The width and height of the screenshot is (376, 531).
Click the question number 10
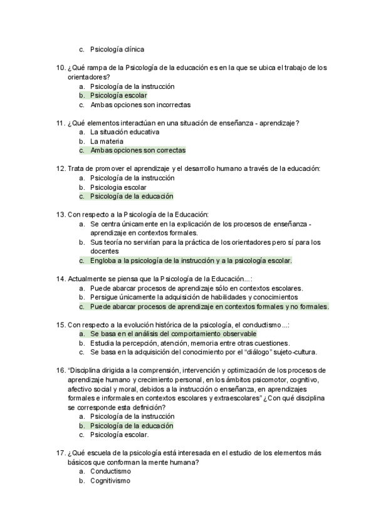60,68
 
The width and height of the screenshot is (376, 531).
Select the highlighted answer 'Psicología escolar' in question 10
118,96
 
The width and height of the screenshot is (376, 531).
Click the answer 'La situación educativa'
125,132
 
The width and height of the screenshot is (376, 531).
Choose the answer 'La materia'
107,142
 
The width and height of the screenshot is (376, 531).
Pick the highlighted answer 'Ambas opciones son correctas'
137,150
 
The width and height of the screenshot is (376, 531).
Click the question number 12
60,168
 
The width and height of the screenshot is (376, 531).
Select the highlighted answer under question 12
131,196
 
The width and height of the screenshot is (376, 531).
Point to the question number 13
60,214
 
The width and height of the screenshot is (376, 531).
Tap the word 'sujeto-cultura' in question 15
294,352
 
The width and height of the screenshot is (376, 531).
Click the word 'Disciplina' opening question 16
89,371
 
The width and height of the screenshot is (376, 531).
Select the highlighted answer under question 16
131,426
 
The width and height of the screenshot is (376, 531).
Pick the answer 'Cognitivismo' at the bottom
110,481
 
